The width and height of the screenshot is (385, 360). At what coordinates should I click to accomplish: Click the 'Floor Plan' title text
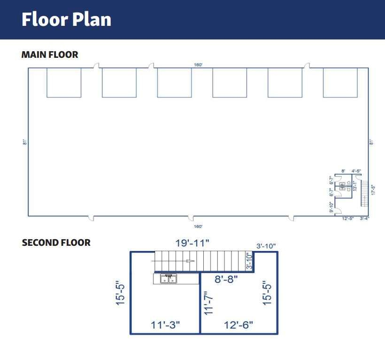tap(66, 20)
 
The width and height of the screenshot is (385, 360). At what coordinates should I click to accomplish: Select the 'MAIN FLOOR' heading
tap(50, 55)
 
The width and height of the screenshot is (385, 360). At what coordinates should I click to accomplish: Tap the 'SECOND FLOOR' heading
tap(56, 243)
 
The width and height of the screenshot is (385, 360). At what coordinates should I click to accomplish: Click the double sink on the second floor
tap(168, 279)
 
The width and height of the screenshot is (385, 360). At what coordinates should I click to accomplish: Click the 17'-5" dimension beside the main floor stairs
tap(373, 189)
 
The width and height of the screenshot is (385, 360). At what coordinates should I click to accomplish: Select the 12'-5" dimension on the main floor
tap(348, 219)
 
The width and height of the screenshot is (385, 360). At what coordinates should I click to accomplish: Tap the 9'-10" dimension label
tap(331, 207)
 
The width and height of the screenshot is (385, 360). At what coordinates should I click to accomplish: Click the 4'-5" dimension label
tap(356, 171)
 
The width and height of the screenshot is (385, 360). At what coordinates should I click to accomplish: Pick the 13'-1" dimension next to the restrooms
tap(355, 186)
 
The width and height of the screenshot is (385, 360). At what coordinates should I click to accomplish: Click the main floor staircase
tap(363, 193)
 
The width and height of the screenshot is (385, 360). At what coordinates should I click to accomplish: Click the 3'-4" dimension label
tap(364, 219)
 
